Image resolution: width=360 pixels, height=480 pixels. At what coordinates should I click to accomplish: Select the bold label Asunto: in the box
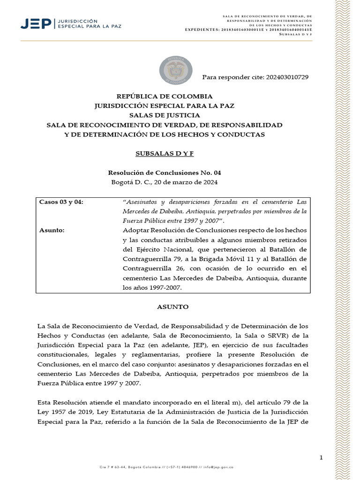[52, 230]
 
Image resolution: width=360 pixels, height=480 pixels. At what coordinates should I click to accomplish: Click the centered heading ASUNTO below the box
[172, 307]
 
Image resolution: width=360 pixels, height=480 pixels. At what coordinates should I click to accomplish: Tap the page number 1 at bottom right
[321, 458]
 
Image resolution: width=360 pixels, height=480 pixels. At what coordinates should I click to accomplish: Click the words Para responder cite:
[232, 77]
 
